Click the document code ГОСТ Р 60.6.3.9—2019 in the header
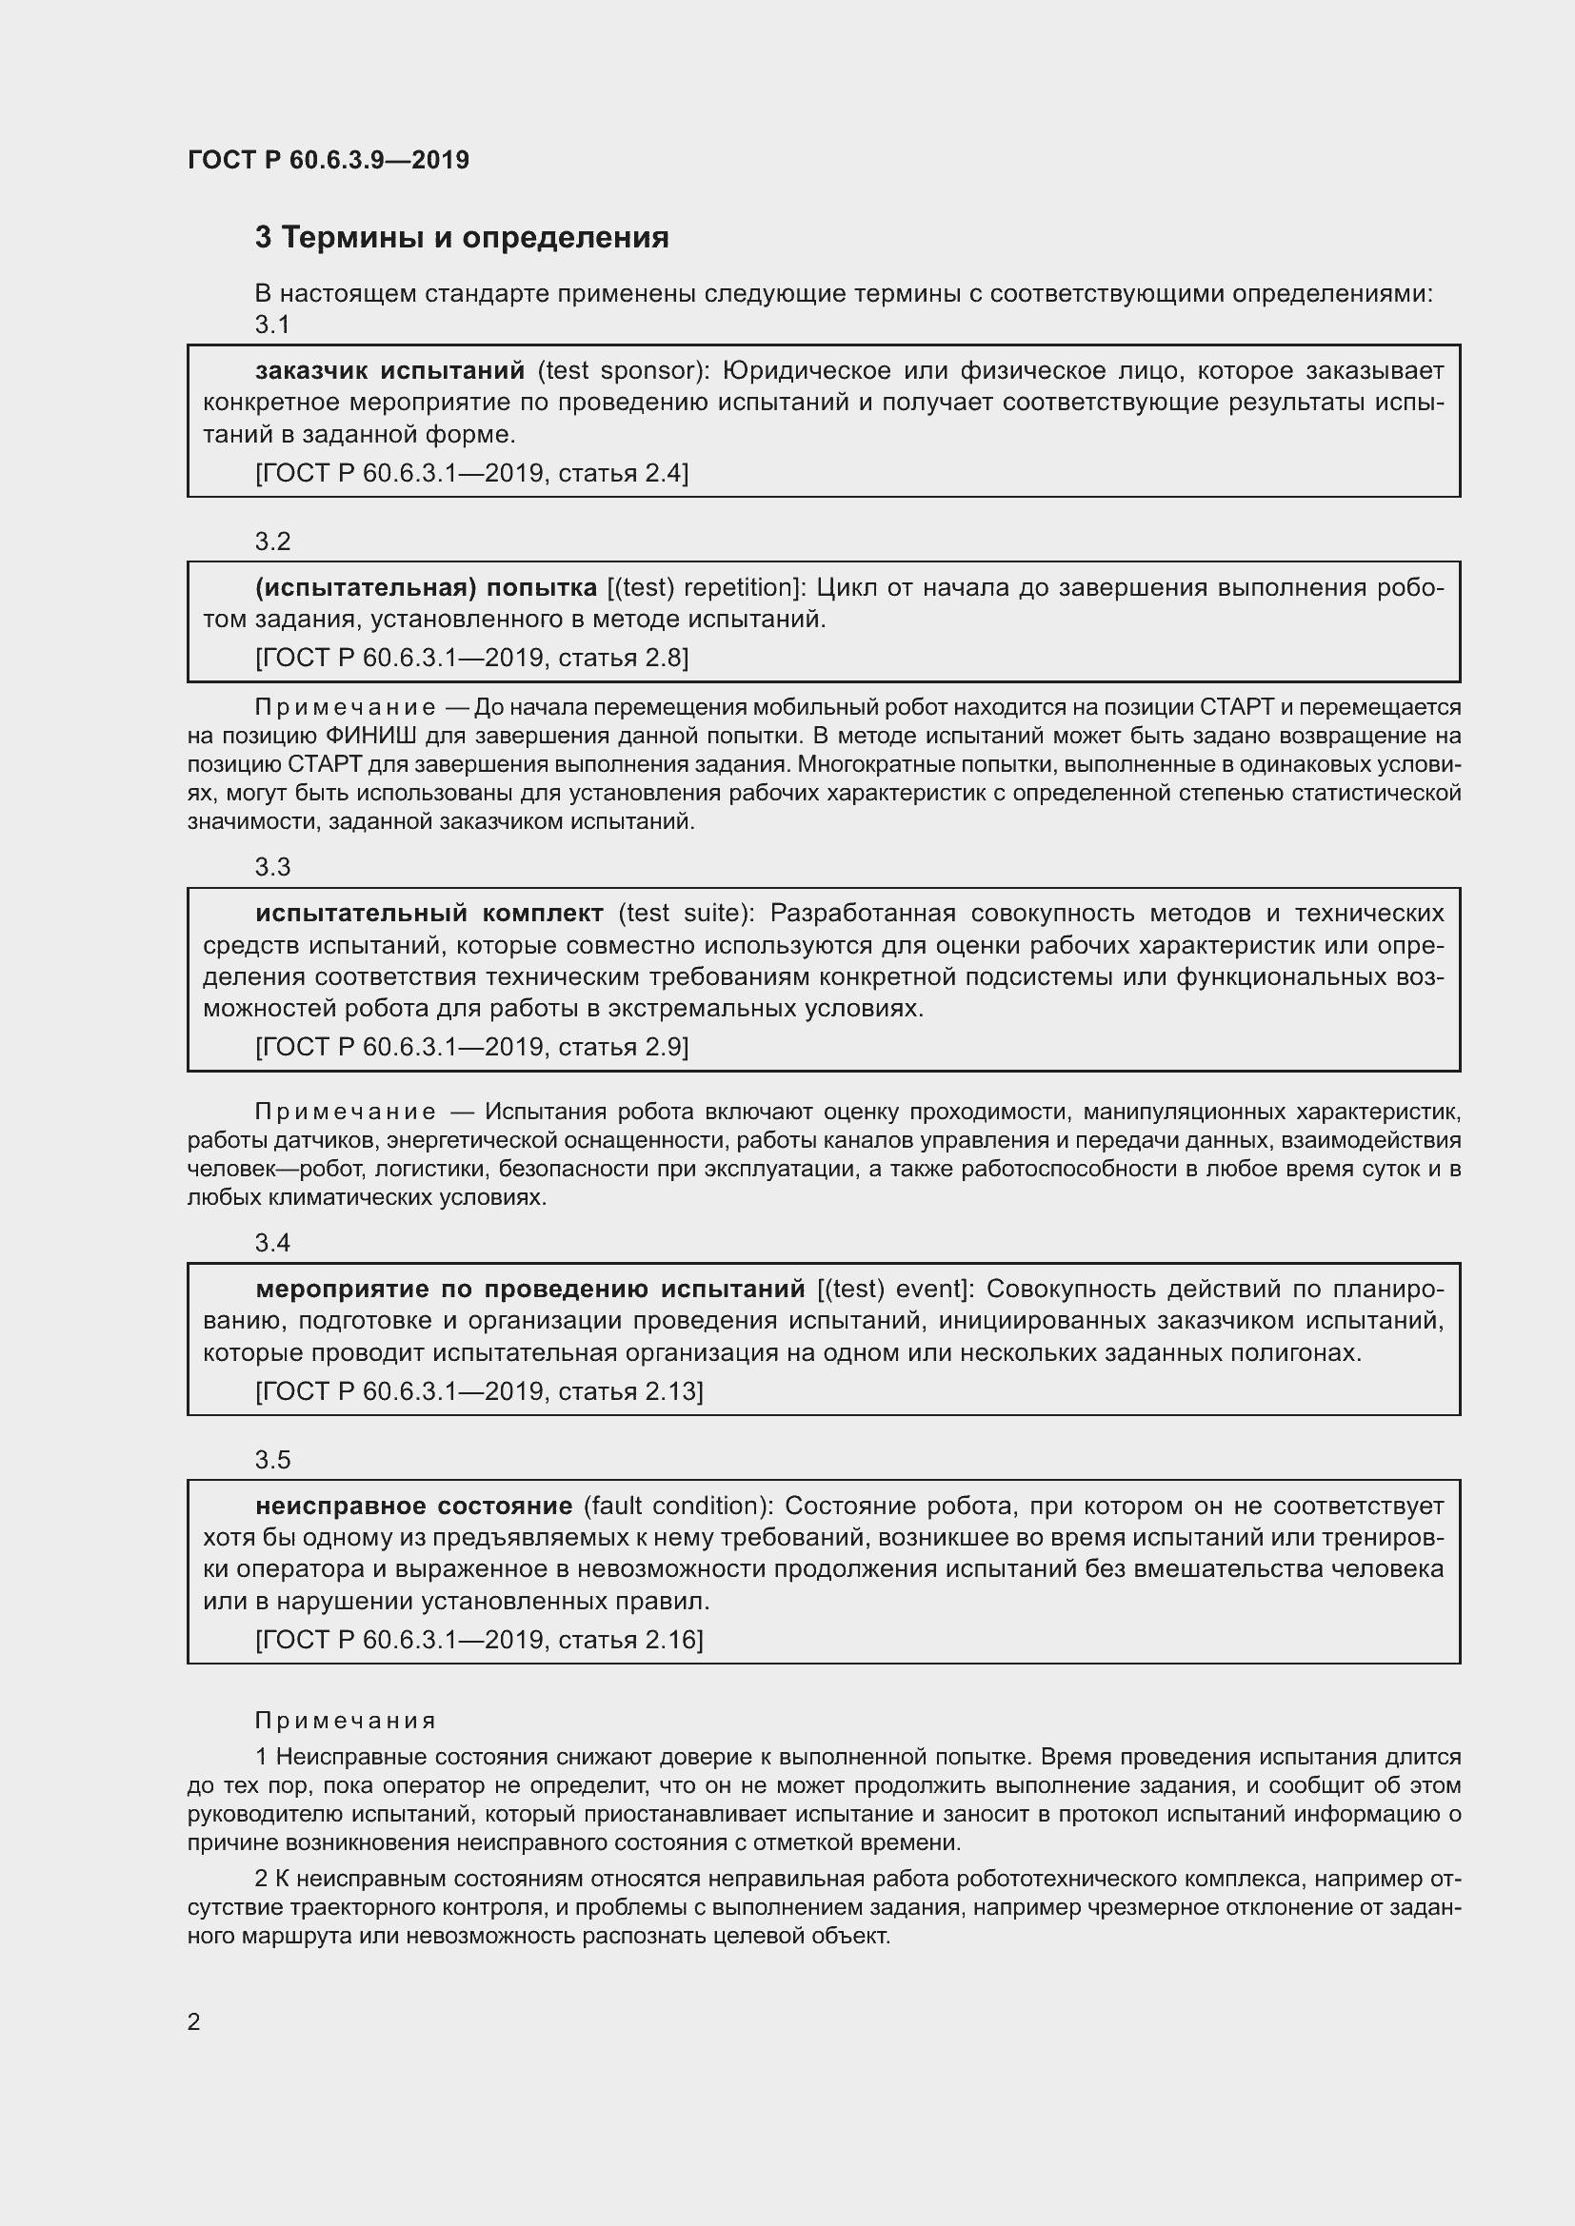328,160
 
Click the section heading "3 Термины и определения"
462,238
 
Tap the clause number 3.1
272,325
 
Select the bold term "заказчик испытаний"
389,370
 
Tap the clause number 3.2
272,541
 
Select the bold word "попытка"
541,587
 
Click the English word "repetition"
741,587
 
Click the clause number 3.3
272,867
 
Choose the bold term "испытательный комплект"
429,914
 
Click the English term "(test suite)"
686,914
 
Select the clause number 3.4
272,1243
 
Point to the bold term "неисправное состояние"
414,1506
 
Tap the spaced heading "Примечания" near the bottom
346,1721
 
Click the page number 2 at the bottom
194,2021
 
